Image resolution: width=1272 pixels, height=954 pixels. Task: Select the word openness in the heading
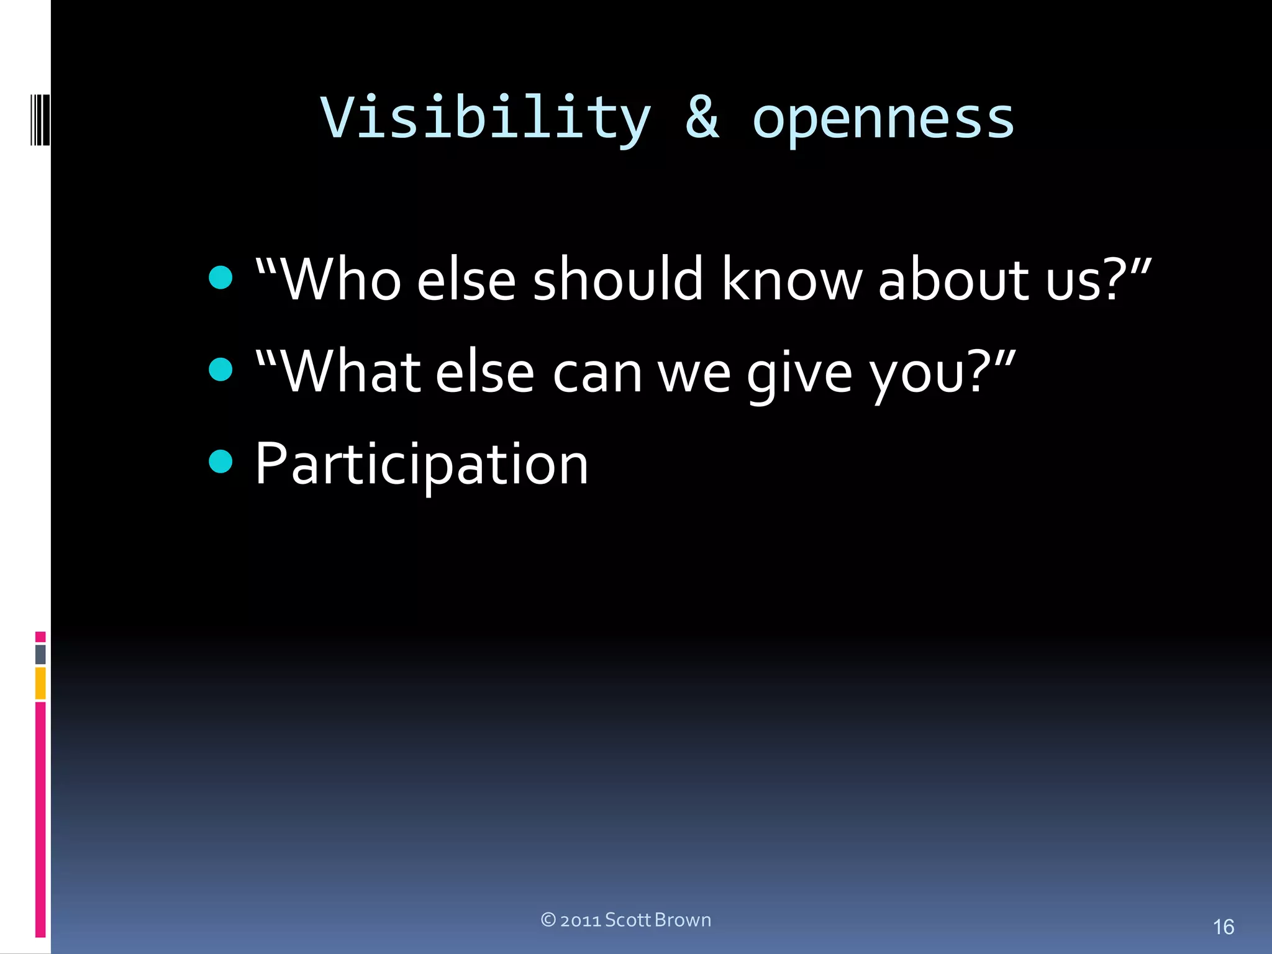(883, 118)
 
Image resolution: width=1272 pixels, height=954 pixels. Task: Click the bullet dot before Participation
(220, 461)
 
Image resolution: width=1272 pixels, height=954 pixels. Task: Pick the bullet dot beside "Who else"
(220, 278)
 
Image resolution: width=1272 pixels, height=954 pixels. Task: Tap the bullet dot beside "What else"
(220, 370)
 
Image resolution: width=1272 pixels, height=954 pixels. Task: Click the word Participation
(422, 465)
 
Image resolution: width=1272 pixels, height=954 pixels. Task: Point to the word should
(617, 279)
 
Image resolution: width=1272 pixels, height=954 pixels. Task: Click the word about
(954, 279)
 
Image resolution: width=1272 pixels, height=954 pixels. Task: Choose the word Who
(342, 279)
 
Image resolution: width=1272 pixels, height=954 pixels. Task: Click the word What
(351, 373)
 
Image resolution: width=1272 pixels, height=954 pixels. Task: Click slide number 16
(1223, 927)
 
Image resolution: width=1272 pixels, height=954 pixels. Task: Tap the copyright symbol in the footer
(548, 920)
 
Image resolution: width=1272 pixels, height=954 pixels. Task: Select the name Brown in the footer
(683, 920)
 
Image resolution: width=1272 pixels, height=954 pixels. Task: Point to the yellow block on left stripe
(40, 683)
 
